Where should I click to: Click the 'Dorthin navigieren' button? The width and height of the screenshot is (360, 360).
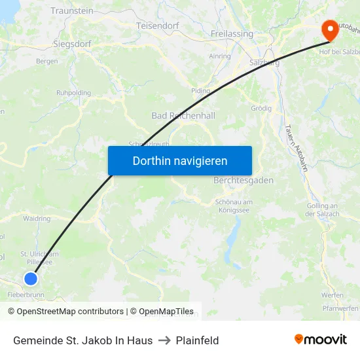point(180,160)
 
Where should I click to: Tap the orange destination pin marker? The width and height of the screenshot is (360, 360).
point(329,29)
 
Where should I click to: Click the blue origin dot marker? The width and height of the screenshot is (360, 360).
point(31,279)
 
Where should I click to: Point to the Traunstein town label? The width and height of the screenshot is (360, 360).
point(72,11)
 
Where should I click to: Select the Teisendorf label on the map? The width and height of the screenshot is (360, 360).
point(158,26)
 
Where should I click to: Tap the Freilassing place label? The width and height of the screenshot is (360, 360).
point(232,33)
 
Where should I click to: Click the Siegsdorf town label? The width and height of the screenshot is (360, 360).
point(72,44)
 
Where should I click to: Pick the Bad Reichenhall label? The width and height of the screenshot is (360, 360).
point(183,115)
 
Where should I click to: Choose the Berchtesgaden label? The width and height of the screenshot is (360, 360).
point(243,180)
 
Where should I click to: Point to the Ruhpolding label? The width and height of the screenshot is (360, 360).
point(74,93)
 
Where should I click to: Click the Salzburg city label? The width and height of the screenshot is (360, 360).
point(264,62)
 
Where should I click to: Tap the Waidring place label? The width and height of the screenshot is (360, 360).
point(37,219)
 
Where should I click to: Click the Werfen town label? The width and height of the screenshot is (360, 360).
point(332,295)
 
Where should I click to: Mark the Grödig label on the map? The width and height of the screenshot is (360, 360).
point(261,108)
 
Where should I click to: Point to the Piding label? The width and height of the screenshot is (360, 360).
point(201,91)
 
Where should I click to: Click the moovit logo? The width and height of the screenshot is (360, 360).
point(321,340)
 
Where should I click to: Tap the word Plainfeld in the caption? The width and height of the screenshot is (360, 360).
point(197,340)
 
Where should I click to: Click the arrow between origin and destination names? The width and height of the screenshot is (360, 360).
point(164,340)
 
